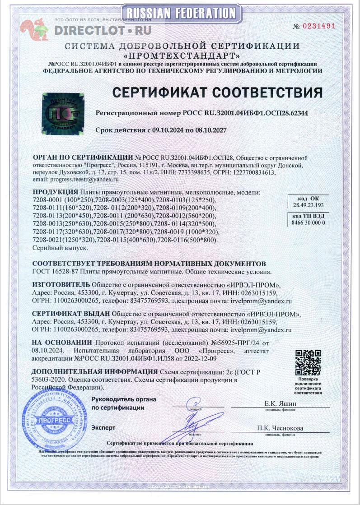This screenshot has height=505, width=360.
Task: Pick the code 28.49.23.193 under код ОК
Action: pyautogui.click(x=308, y=204)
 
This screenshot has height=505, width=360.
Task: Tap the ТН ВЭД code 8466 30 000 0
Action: pyautogui.click(x=308, y=222)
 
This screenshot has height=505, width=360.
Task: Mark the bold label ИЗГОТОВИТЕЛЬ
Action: pyautogui.click(x=61, y=285)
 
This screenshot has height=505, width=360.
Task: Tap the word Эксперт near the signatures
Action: pyautogui.click(x=103, y=427)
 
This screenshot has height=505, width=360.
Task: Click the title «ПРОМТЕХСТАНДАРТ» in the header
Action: pyautogui.click(x=182, y=56)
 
